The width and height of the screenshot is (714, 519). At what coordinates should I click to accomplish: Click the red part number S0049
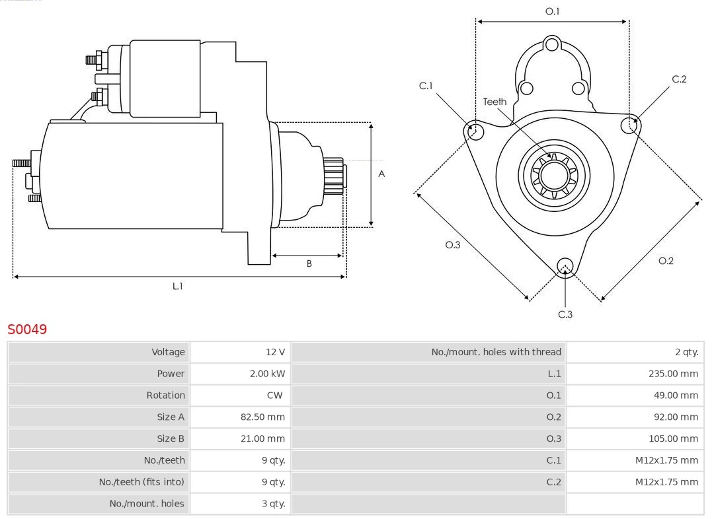click(27, 329)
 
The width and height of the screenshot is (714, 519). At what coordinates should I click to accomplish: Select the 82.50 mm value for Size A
click(262, 417)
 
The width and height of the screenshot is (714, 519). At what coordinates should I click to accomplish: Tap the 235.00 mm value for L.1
click(673, 374)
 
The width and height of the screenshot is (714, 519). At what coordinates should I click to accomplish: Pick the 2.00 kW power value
click(267, 374)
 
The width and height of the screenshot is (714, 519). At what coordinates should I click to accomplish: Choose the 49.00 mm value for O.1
click(676, 395)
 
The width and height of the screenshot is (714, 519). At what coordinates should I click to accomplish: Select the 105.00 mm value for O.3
click(673, 438)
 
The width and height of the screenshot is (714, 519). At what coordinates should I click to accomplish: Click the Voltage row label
click(168, 352)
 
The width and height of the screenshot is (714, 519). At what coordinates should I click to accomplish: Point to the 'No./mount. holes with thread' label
click(496, 352)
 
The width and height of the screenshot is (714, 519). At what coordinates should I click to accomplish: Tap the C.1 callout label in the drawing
click(426, 86)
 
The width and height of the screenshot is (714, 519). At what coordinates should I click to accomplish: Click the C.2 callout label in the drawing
click(679, 79)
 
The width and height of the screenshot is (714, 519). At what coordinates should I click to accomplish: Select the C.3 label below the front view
click(565, 314)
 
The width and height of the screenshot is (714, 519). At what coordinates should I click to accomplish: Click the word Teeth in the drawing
click(495, 102)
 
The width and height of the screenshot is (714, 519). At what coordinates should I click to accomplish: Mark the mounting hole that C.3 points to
click(565, 266)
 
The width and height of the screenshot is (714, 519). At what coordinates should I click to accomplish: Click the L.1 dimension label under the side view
click(178, 286)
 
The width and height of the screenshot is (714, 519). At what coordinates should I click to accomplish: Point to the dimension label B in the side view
click(309, 263)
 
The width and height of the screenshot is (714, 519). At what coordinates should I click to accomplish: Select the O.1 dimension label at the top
click(552, 11)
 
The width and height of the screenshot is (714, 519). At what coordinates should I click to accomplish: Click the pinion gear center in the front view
click(554, 176)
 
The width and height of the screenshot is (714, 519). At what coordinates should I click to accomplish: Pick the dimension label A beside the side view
click(381, 174)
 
